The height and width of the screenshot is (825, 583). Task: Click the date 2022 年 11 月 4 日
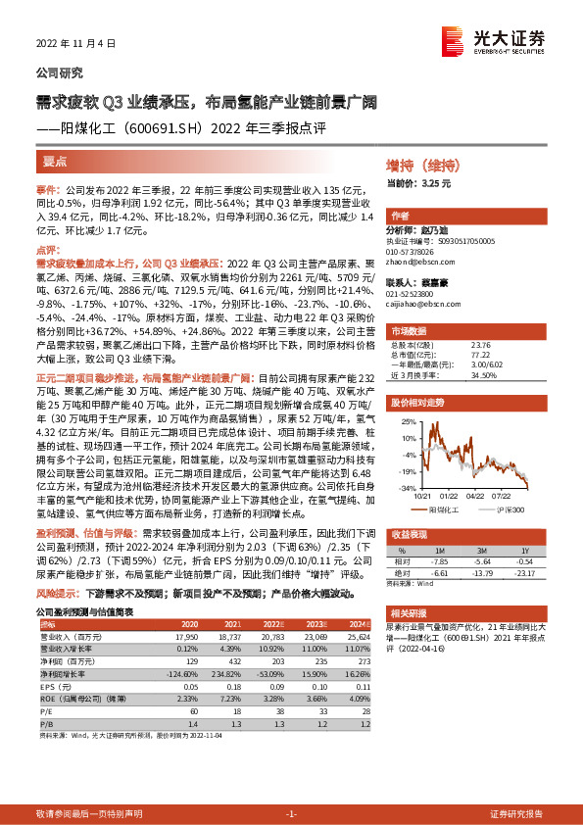pos(75,43)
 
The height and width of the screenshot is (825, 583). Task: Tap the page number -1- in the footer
pos(290,813)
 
